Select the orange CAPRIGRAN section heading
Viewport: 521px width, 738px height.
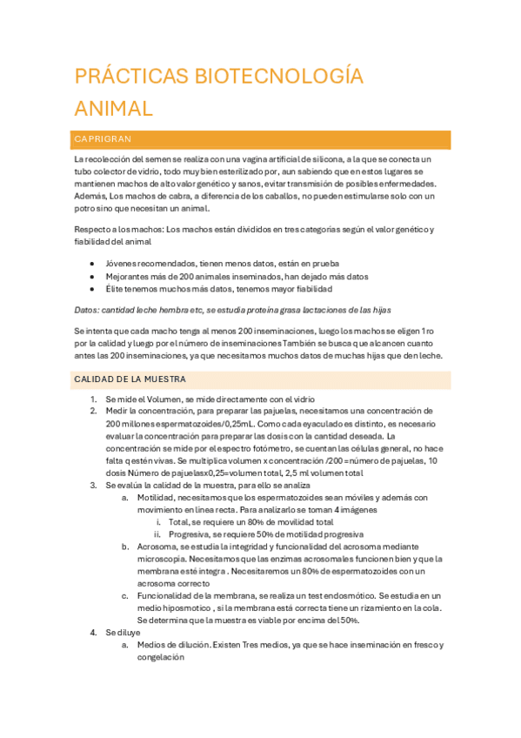tap(103, 139)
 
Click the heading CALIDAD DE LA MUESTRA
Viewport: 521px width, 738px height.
tap(130, 379)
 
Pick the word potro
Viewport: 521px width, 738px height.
tap(85, 209)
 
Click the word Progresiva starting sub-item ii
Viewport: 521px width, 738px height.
tap(192, 533)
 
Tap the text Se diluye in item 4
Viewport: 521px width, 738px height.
tap(123, 633)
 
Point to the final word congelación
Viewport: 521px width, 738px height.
tap(161, 658)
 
